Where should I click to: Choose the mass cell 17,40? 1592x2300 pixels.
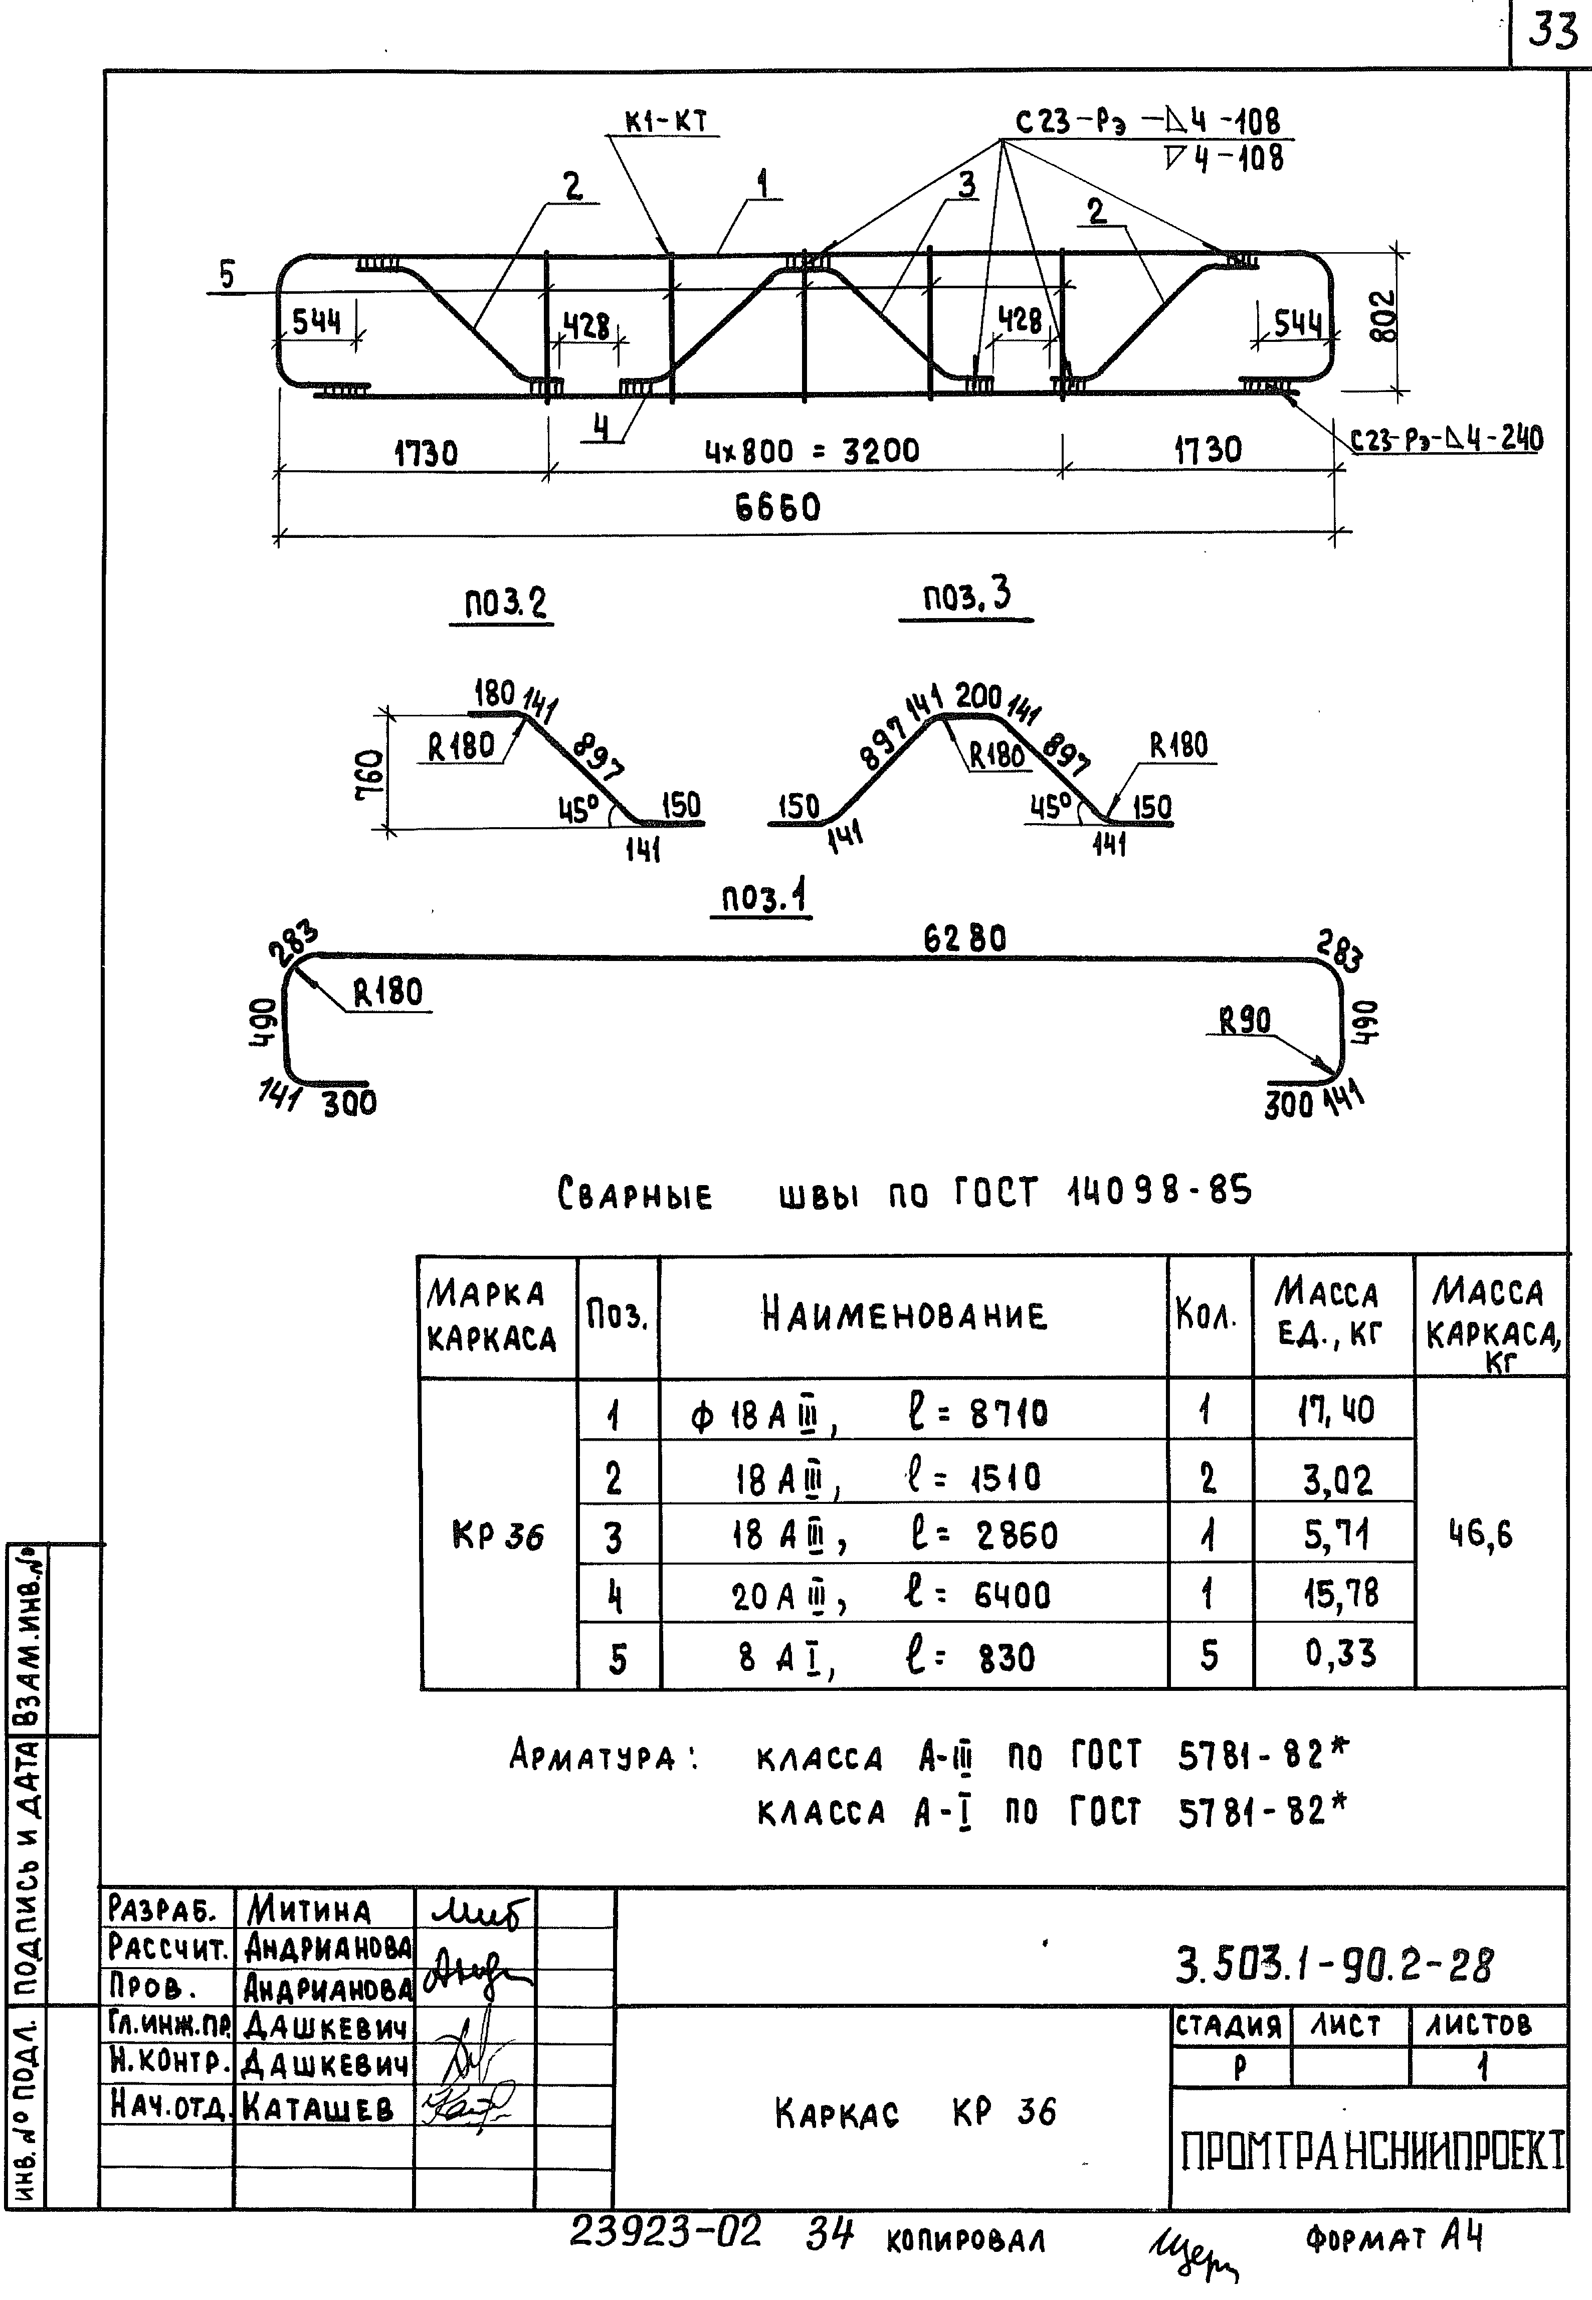point(1335,1410)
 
